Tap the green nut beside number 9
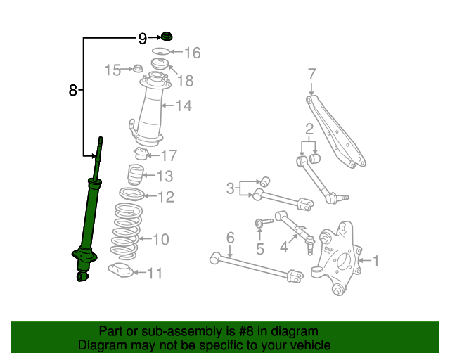coord(167,37)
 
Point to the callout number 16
coord(192,53)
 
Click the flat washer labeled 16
coord(161,53)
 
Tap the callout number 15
coord(112,70)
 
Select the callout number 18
coord(185,81)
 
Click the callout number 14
coord(184,106)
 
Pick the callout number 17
coord(169,155)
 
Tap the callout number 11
coord(155,274)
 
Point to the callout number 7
coord(311,74)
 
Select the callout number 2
coord(308,129)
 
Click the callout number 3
coord(230,188)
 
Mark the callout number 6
coord(230,238)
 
